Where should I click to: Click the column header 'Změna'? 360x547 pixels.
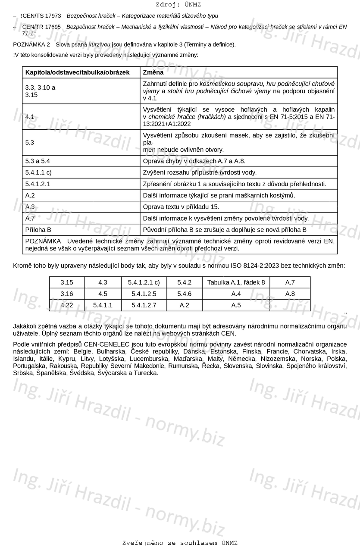[x=153, y=72]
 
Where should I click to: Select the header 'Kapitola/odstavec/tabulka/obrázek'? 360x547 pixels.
[x=78, y=72]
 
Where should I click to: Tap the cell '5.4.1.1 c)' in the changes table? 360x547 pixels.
[x=38, y=172]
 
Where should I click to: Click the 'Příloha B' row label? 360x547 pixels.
[x=38, y=230]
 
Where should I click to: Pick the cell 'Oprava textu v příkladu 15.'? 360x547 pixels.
[x=181, y=207]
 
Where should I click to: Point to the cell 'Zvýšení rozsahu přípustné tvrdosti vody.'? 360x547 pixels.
[x=200, y=172]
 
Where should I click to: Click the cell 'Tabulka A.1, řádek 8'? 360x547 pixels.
[x=236, y=282]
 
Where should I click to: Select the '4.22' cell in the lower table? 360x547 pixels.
[x=67, y=305]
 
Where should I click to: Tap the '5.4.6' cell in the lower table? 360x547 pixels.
[x=184, y=294]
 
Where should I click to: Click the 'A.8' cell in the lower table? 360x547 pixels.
[x=290, y=294]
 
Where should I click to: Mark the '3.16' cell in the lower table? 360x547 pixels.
[x=67, y=294]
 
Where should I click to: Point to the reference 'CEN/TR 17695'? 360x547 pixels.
[x=41, y=27]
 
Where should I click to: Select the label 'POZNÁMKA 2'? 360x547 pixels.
[x=31, y=44]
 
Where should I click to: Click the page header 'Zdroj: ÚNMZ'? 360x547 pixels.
[x=178, y=5]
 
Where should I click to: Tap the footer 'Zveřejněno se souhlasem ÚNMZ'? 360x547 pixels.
[x=180, y=543]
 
